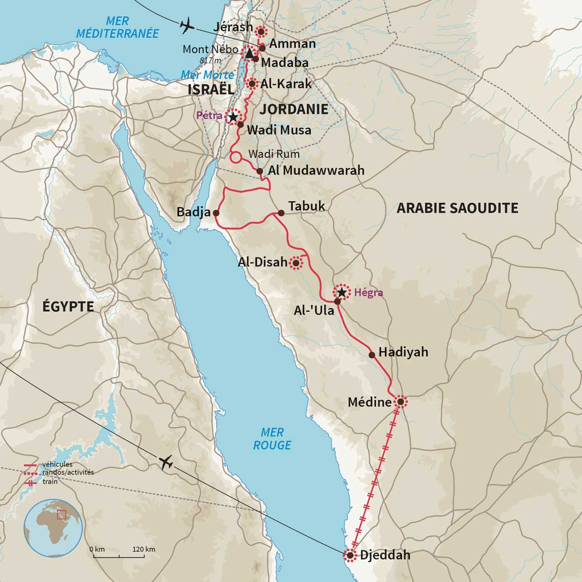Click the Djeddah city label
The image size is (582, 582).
385,555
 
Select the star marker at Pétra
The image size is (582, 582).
233,117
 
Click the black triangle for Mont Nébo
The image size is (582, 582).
249,53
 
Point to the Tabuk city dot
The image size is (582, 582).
281,213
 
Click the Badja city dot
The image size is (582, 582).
216,212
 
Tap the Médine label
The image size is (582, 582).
370,402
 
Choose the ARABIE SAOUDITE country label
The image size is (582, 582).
457,208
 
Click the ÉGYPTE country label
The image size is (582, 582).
68,306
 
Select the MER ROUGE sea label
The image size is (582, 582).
272,439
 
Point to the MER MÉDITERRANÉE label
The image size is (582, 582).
118,28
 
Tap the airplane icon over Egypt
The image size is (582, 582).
166,463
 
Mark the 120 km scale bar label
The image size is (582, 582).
143,549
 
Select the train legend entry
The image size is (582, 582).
50,482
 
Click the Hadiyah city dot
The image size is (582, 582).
372,355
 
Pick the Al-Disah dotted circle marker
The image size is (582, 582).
296,263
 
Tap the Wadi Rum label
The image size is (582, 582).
274,154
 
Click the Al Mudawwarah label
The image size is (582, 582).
316,171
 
